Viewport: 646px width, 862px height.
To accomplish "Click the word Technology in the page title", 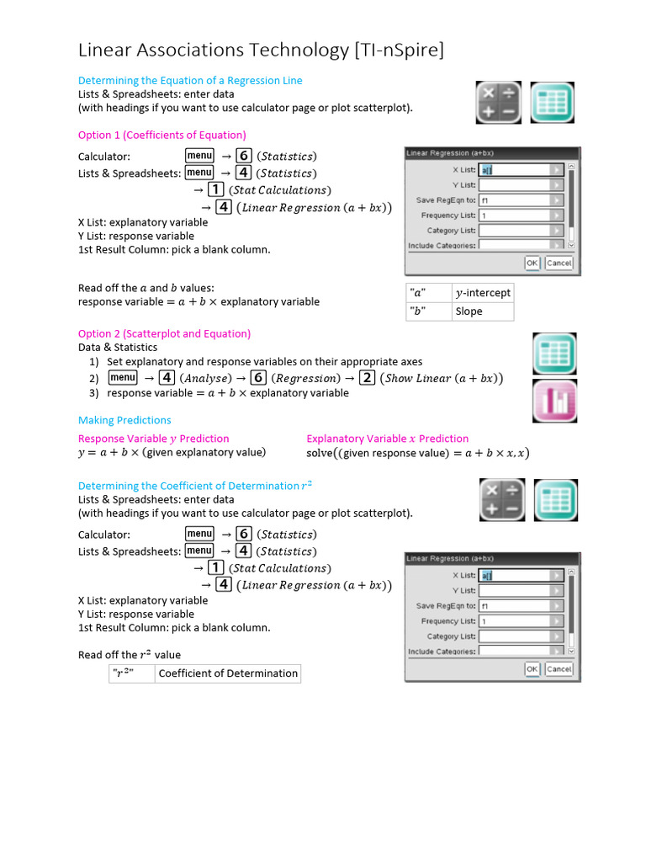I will pyautogui.click(x=293, y=51).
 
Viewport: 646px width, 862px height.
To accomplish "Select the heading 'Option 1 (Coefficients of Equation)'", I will pyautogui.click(x=161, y=135).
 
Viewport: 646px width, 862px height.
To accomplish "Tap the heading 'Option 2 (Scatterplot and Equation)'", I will pyautogui.click(x=164, y=333).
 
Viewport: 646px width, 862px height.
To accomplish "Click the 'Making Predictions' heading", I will pyautogui.click(x=124, y=420).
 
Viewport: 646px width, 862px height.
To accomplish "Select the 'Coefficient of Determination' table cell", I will pyautogui.click(x=228, y=673).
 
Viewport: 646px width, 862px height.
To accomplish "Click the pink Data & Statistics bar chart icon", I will pyautogui.click(x=554, y=400).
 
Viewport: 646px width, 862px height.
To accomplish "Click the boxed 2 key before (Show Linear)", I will pyautogui.click(x=367, y=378).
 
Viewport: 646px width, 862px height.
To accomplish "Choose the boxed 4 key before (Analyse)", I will pyautogui.click(x=167, y=378).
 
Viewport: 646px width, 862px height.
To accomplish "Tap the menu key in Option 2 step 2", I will pyautogui.click(x=123, y=378).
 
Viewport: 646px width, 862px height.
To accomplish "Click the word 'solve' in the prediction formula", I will pyautogui.click(x=320, y=453).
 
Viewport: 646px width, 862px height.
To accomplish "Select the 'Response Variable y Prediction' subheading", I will pyautogui.click(x=153, y=439).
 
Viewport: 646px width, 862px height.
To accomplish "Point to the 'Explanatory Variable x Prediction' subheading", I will pyautogui.click(x=387, y=439).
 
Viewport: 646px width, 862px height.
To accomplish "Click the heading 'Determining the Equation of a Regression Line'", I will pyautogui.click(x=190, y=80).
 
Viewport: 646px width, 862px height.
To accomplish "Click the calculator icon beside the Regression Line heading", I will pyautogui.click(x=499, y=103).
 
